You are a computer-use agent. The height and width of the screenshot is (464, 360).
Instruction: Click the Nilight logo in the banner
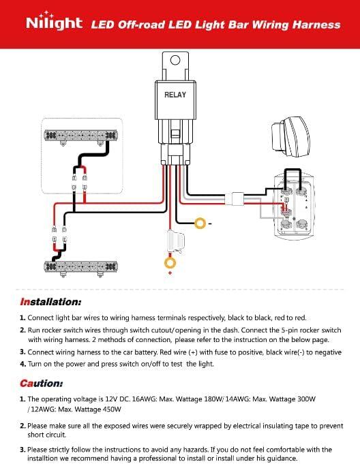point(54,21)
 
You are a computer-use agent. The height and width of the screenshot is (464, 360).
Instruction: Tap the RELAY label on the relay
point(175,95)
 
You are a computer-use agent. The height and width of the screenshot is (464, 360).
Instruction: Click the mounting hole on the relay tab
point(175,60)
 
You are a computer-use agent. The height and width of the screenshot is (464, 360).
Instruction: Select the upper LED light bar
point(80,136)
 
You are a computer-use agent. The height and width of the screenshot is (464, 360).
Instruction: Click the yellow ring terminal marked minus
point(200,223)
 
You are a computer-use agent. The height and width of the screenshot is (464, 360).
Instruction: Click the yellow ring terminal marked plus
point(170,263)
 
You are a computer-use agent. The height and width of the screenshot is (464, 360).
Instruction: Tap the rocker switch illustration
point(290,137)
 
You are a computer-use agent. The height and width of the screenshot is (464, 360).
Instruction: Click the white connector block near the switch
point(237,198)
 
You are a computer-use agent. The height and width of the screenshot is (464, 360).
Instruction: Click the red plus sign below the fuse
point(170,273)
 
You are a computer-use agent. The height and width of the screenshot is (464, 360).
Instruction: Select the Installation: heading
point(50,302)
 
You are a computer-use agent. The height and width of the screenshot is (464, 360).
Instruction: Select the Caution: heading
point(41,384)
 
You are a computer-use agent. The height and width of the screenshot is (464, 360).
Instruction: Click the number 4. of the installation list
point(22,364)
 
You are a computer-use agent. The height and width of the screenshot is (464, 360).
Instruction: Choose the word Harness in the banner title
point(316,25)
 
